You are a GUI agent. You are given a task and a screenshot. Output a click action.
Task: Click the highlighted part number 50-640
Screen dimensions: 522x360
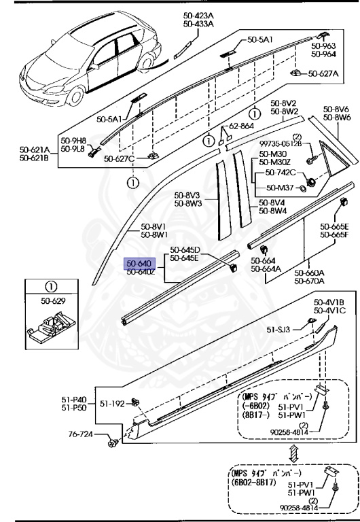click(x=140, y=262)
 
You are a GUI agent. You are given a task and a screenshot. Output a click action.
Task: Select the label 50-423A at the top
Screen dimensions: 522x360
click(x=198, y=15)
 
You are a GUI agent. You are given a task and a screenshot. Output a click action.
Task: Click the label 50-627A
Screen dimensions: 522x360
click(x=325, y=73)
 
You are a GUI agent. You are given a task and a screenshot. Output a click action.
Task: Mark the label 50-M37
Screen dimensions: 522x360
click(x=279, y=188)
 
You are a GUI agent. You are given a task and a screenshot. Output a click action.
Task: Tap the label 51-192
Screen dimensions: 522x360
click(x=114, y=403)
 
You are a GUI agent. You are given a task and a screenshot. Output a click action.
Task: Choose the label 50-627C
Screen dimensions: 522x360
click(x=120, y=159)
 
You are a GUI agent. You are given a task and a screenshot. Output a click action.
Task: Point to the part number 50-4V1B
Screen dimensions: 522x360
click(x=329, y=303)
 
